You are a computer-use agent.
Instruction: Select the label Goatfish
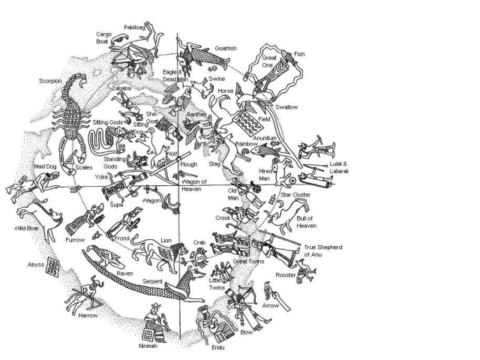(x=226, y=48)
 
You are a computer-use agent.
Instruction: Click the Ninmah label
(x=150, y=346)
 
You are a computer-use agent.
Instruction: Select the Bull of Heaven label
(x=307, y=220)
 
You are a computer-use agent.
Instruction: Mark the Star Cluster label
(x=295, y=195)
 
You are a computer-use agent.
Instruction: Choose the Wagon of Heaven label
(x=198, y=185)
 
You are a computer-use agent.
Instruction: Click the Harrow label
(x=87, y=316)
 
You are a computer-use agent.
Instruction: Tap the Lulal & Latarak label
(x=340, y=166)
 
